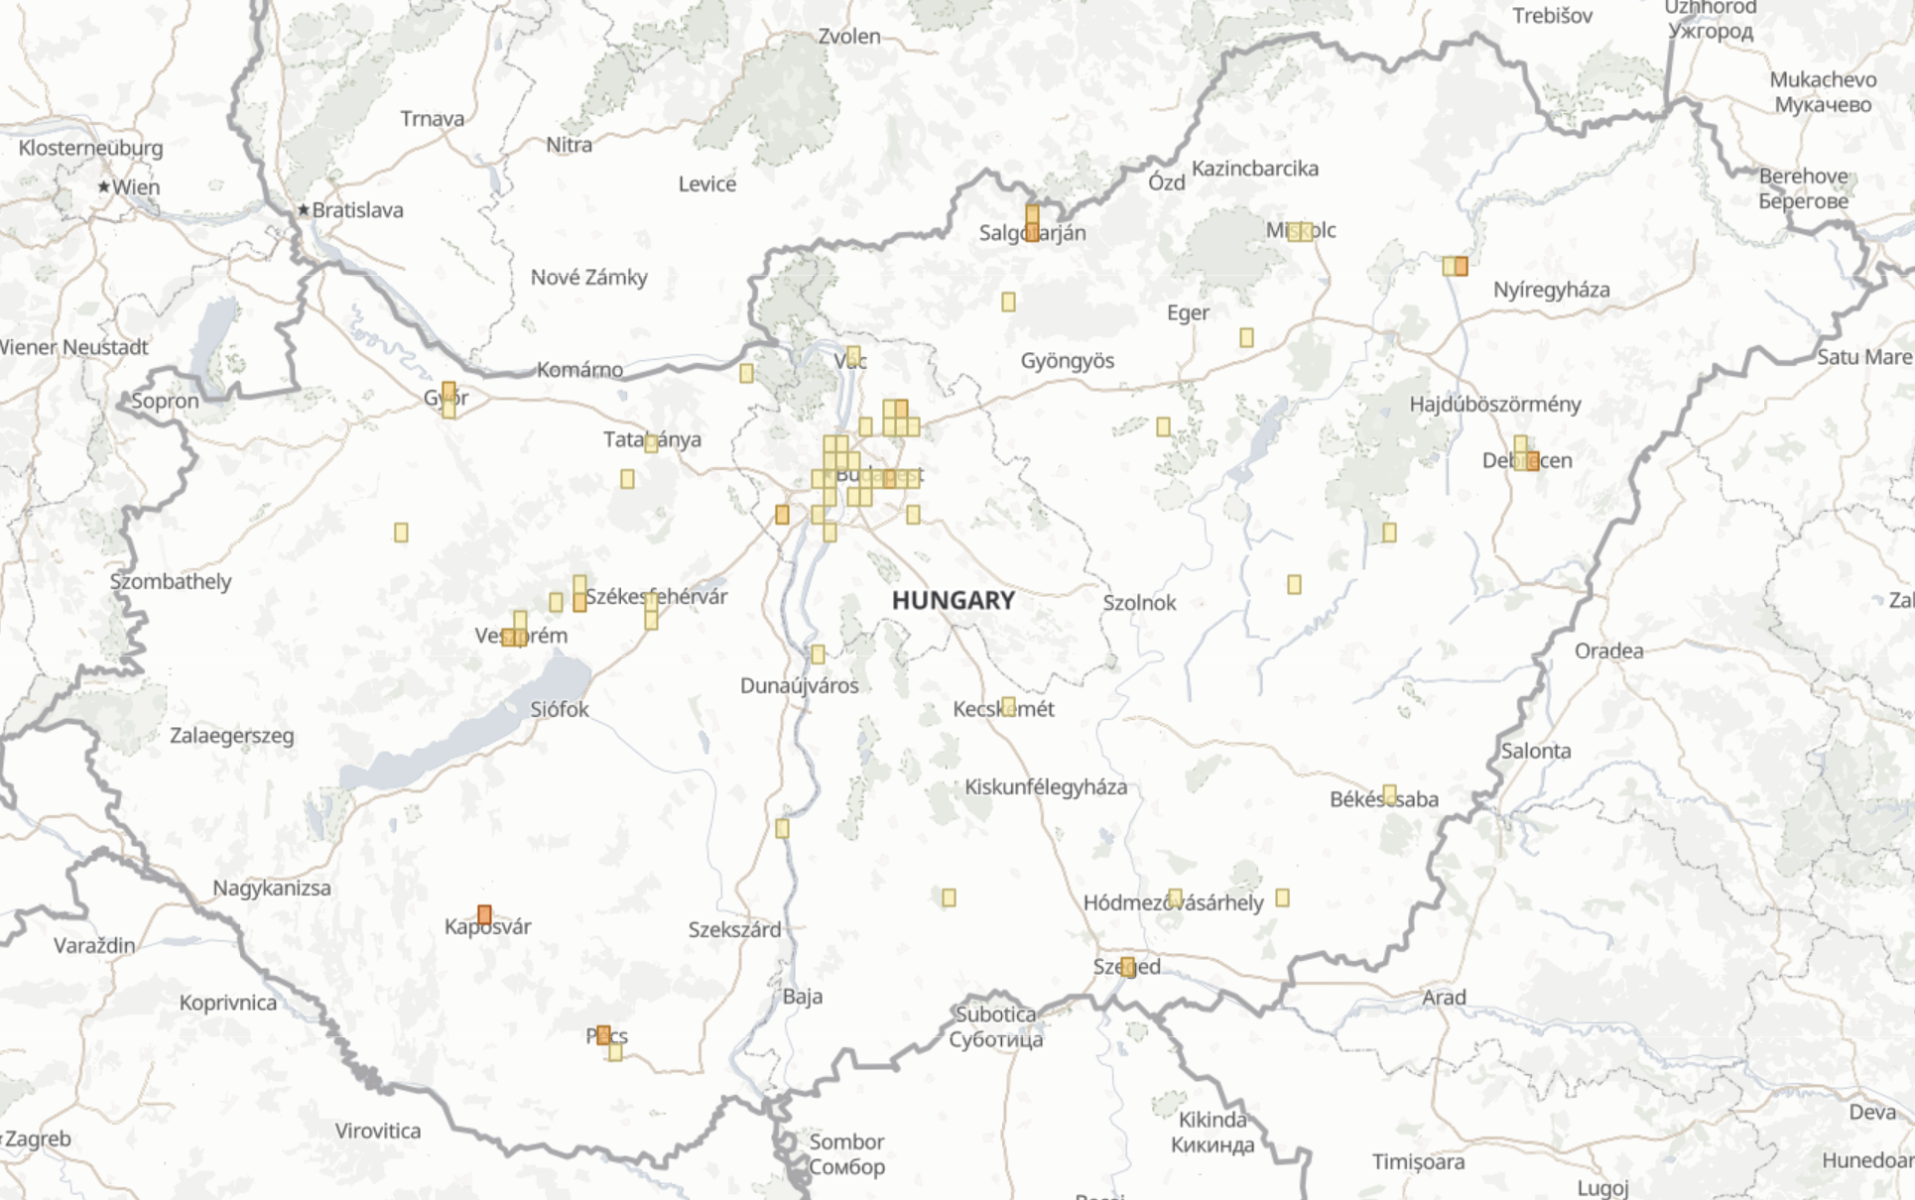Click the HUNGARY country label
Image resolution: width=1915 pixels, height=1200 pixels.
(953, 600)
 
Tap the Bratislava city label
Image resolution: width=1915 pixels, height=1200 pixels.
(357, 210)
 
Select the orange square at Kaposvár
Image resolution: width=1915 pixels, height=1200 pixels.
(484, 914)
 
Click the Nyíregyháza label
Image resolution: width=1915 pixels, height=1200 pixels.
(1551, 290)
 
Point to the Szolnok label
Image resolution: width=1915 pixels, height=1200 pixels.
(1139, 603)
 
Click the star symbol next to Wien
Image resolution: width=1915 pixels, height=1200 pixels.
(103, 186)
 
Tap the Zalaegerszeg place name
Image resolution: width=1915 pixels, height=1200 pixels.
(231, 736)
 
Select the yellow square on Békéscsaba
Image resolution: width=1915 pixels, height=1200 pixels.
(1389, 794)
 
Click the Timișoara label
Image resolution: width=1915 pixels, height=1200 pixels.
(1418, 1161)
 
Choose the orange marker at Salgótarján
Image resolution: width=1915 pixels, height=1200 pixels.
(1032, 223)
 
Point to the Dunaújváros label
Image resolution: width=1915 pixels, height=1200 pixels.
(799, 685)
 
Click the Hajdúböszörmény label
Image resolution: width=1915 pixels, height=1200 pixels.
(1494, 404)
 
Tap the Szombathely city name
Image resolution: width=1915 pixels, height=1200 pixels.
(170, 581)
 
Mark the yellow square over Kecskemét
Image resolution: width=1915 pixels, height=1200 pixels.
(1008, 705)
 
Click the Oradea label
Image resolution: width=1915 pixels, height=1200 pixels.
(1608, 651)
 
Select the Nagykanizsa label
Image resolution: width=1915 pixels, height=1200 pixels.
(271, 888)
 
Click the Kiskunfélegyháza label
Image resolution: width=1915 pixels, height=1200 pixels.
(1045, 787)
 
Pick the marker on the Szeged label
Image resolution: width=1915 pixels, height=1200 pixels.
(1127, 967)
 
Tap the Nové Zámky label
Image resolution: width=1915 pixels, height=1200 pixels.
(588, 278)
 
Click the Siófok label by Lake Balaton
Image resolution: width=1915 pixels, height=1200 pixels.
(559, 709)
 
